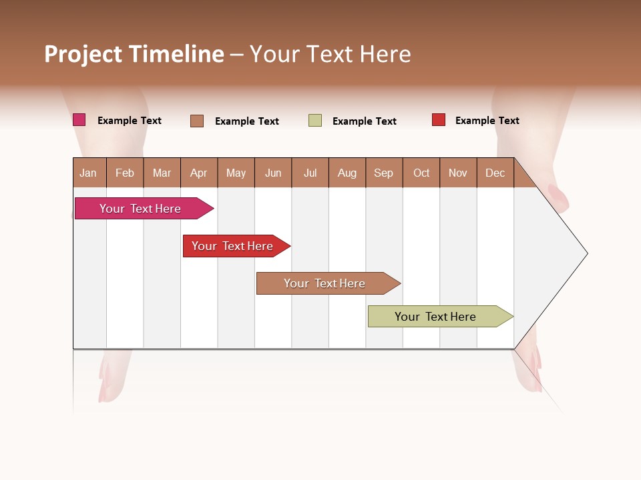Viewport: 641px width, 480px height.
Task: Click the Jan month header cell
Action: click(x=89, y=173)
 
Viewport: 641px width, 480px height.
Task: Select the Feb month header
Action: click(x=125, y=173)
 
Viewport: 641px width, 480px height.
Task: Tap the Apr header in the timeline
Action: click(x=198, y=173)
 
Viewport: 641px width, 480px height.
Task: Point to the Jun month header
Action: click(x=273, y=173)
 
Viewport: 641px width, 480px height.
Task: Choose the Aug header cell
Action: click(x=347, y=173)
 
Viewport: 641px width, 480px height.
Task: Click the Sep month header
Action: click(x=384, y=173)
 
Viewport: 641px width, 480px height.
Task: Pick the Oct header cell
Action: click(x=421, y=173)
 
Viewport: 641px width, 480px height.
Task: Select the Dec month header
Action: click(x=495, y=173)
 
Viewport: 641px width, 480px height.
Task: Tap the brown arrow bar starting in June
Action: click(x=325, y=283)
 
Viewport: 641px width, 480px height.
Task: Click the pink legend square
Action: click(x=79, y=120)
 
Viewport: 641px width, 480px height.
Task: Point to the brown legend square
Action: click(x=197, y=121)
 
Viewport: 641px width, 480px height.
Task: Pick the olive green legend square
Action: click(x=315, y=121)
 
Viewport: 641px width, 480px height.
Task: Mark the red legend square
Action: click(x=439, y=120)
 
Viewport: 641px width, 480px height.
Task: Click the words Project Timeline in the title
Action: click(x=134, y=54)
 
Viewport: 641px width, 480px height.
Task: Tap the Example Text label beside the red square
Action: click(x=487, y=121)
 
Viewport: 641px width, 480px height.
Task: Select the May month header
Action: click(x=236, y=173)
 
